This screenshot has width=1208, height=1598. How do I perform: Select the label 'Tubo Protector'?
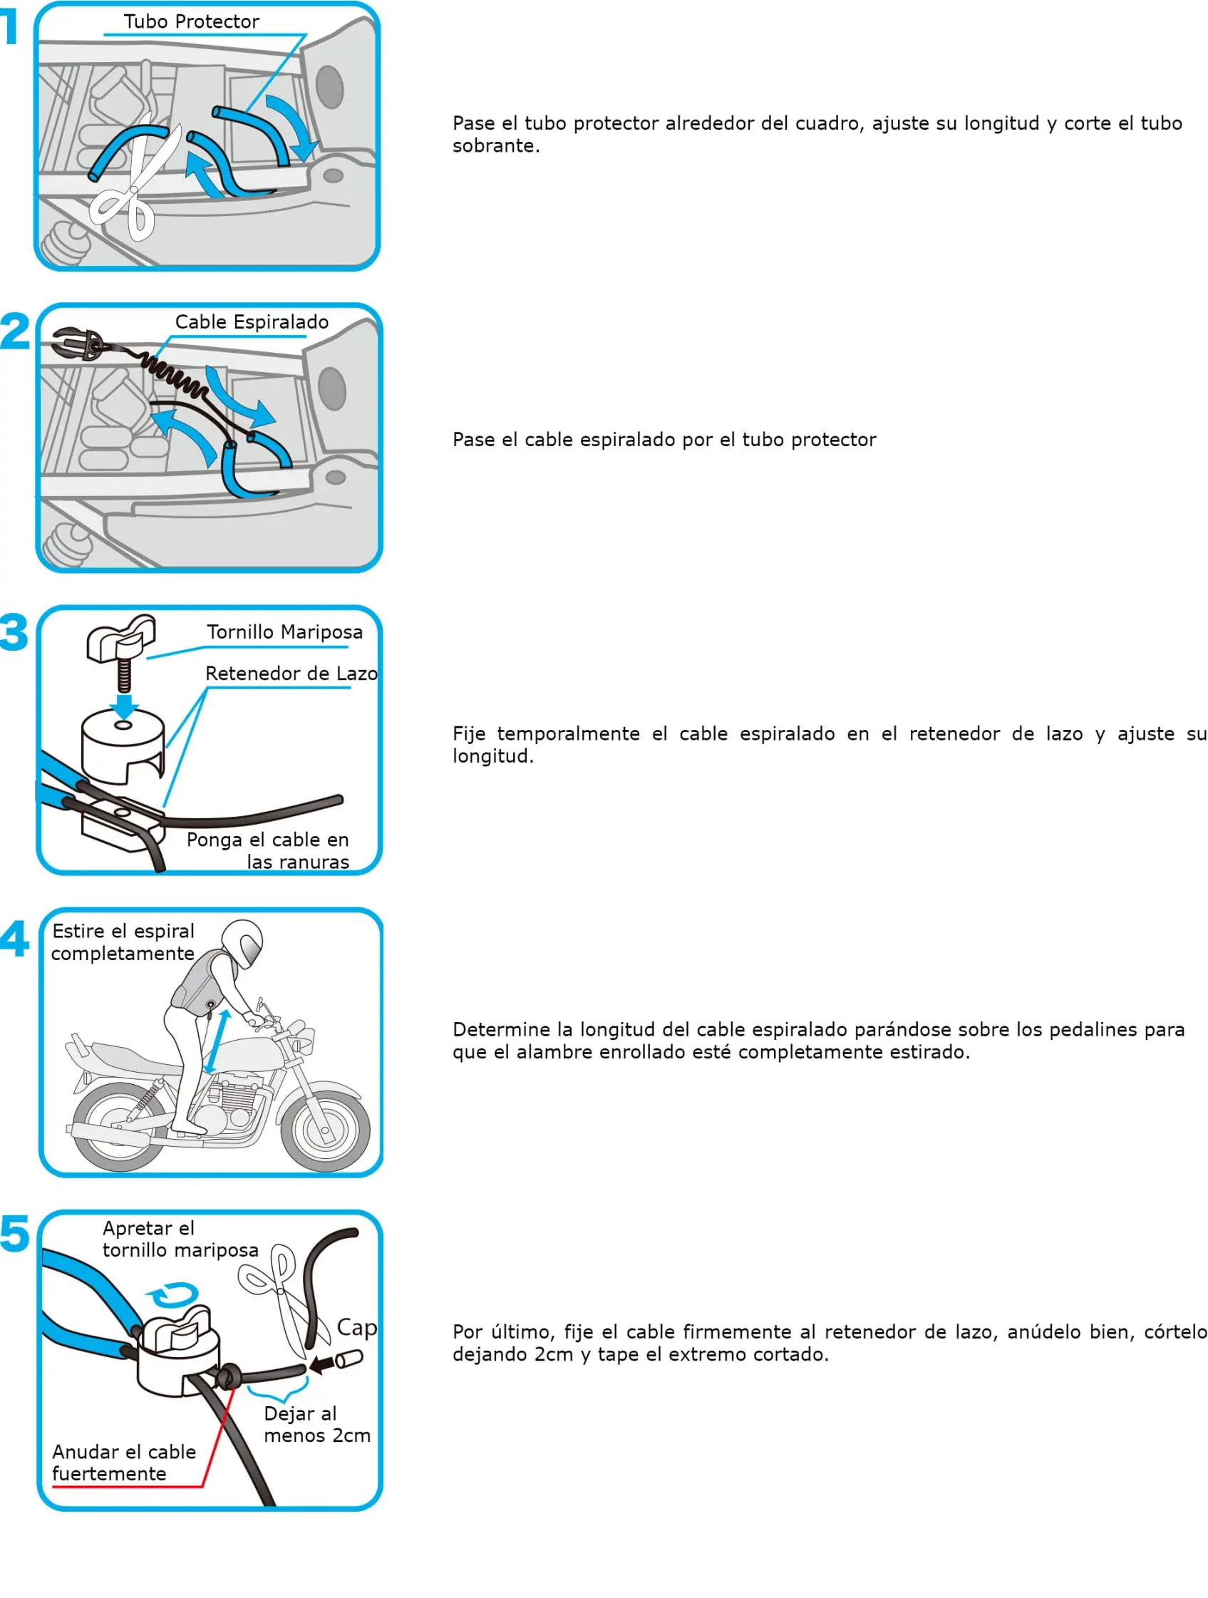click(191, 21)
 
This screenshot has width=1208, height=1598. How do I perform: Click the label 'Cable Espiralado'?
click(252, 321)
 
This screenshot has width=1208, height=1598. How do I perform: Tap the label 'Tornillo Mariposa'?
click(284, 632)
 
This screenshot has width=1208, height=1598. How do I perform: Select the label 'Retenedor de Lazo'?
click(291, 674)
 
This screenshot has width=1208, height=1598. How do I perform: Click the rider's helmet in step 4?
click(243, 942)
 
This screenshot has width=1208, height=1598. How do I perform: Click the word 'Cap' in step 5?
click(357, 1328)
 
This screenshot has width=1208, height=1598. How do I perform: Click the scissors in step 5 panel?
click(278, 1297)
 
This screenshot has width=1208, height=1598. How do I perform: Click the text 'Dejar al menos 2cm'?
click(316, 1425)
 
